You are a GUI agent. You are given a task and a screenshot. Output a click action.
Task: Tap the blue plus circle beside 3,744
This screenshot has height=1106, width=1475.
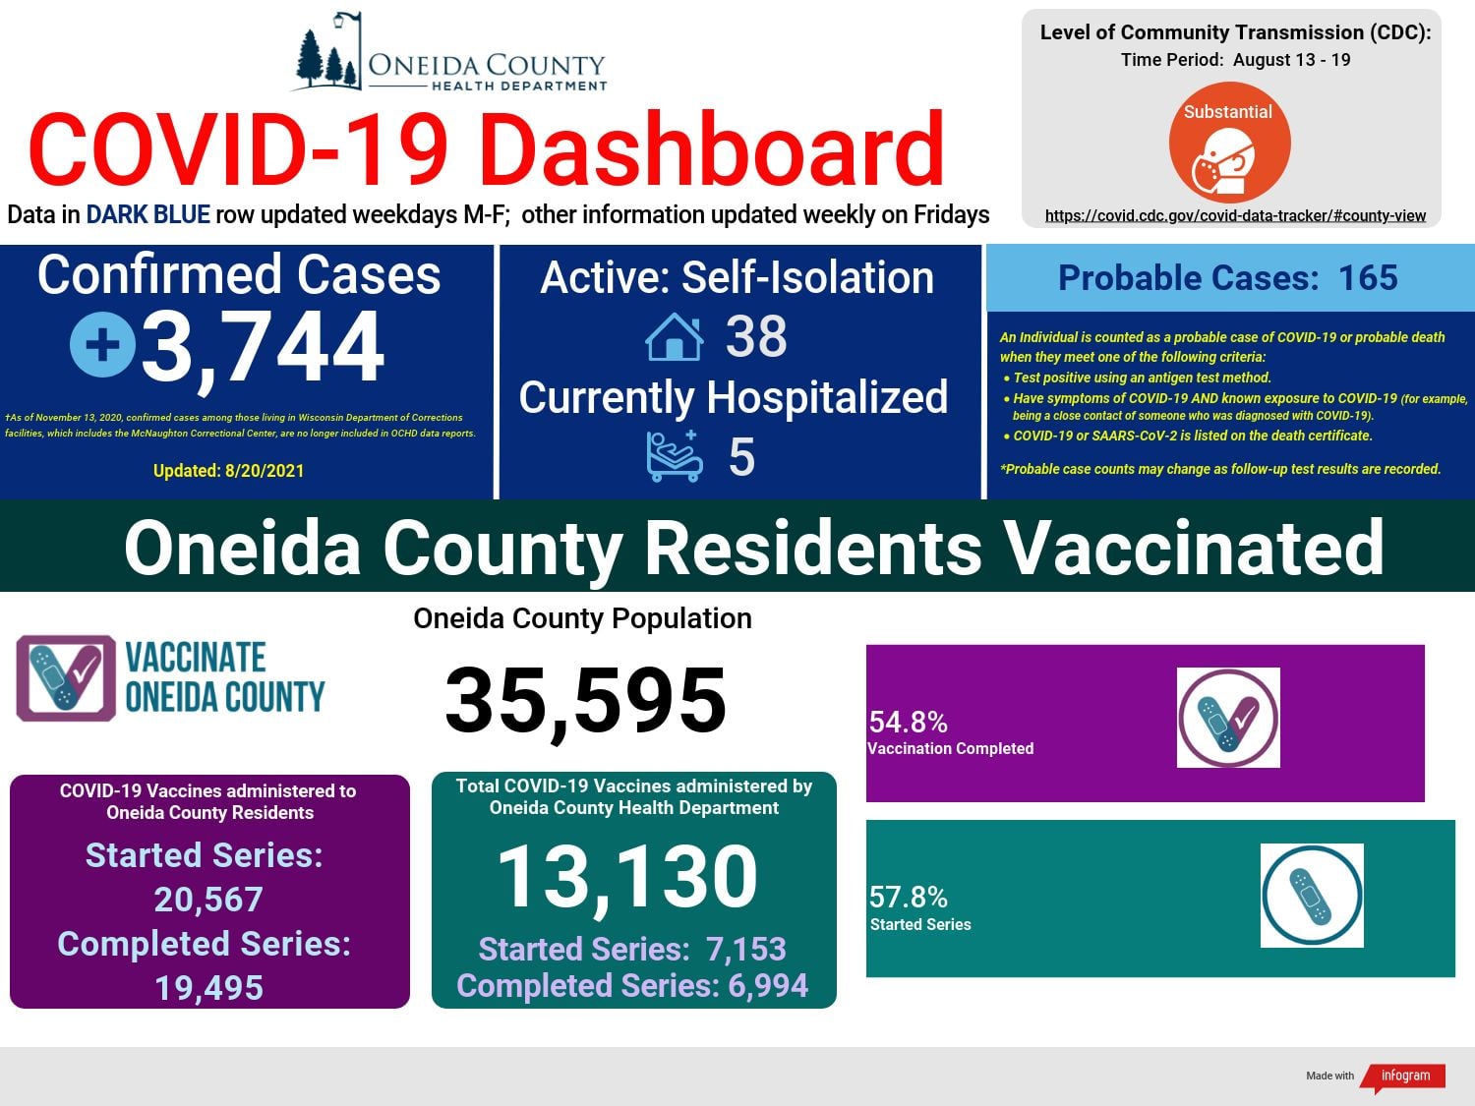pos(103,345)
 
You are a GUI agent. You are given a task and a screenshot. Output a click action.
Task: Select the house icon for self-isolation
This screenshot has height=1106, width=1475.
pos(674,337)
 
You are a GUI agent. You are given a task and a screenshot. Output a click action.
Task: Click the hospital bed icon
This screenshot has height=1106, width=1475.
pos(675,456)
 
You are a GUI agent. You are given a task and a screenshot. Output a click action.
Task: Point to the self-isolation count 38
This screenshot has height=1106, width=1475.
pos(756,336)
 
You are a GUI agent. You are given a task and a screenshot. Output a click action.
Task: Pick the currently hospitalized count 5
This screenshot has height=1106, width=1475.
pos(741,457)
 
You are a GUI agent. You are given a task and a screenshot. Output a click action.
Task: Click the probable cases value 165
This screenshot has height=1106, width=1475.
pos(1368,277)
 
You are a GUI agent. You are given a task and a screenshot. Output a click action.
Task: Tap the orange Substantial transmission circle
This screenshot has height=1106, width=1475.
pos(1229,143)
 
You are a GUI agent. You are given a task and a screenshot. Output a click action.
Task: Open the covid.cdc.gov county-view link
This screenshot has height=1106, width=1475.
pos(1235,215)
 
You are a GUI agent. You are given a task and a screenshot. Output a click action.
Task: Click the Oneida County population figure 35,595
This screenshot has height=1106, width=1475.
pos(585,700)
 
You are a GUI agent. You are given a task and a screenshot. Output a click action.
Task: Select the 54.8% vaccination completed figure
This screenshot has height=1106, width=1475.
pos(908,722)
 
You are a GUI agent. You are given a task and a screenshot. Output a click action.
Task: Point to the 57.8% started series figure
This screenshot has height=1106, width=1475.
pos(908,897)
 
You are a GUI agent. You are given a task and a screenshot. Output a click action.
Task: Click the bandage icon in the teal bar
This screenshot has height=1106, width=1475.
pos(1312,896)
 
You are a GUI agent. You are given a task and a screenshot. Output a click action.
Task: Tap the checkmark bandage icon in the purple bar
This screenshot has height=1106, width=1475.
pos(1228,718)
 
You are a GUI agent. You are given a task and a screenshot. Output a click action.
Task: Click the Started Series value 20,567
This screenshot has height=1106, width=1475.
pos(208,900)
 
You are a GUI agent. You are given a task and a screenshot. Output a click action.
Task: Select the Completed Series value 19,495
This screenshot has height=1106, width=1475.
pos(208,988)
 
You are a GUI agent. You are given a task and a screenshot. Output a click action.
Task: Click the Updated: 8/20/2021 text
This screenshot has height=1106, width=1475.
pos(228,471)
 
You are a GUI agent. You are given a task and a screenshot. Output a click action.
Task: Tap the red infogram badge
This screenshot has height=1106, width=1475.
pos(1403,1077)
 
